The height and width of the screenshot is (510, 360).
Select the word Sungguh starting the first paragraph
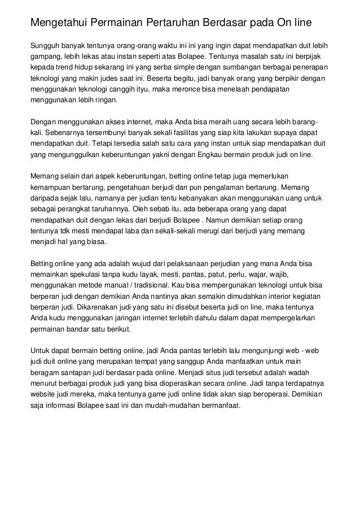(45, 45)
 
